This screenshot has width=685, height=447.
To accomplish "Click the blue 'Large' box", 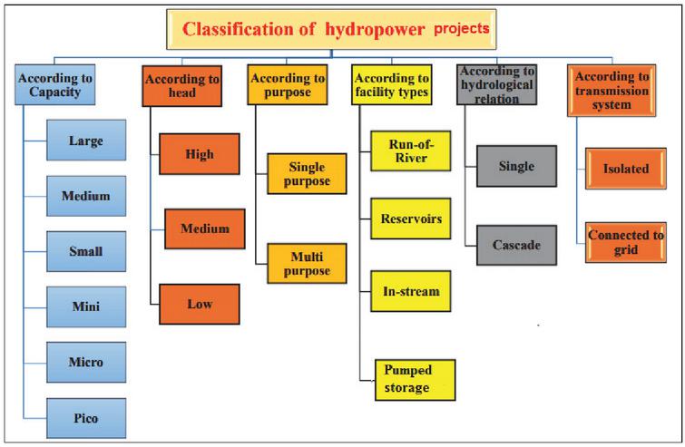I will tap(85, 141).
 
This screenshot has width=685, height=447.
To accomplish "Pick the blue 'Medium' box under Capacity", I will tap(85, 196).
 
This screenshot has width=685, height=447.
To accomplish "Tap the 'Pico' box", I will tap(85, 418).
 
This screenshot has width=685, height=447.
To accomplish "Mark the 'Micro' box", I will tap(85, 362).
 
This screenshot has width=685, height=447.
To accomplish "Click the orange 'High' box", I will tap(199, 154).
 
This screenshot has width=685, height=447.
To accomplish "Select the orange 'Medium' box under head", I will tap(204, 228).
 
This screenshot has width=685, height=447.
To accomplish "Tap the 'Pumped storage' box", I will tap(414, 379).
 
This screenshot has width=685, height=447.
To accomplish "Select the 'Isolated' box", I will tap(625, 168).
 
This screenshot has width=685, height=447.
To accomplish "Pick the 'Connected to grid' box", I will tap(625, 241).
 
